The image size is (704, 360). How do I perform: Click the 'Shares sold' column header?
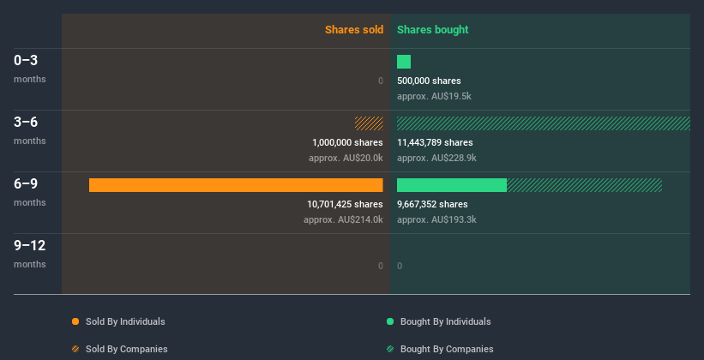[353, 30]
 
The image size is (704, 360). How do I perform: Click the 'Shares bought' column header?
[432, 30]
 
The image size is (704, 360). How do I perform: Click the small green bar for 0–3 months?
[404, 62]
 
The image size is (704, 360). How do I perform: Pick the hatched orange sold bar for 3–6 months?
[369, 123]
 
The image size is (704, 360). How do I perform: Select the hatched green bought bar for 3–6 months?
[543, 123]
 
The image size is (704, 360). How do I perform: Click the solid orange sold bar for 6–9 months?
[236, 185]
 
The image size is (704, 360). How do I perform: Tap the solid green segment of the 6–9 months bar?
[452, 185]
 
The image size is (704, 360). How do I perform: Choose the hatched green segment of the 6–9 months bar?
[584, 185]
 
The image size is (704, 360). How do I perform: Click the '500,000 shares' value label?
[429, 81]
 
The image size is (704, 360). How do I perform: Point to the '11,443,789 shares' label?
[435, 142]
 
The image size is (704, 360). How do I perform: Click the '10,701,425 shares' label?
[345, 204]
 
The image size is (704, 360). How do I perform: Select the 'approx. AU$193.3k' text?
[436, 219]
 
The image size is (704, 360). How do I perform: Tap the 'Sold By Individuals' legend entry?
[118, 321]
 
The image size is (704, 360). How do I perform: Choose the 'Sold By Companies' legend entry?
[119, 349]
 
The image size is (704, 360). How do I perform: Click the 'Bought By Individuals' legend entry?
[439, 321]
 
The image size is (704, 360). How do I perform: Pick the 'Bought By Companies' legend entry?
[440, 349]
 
